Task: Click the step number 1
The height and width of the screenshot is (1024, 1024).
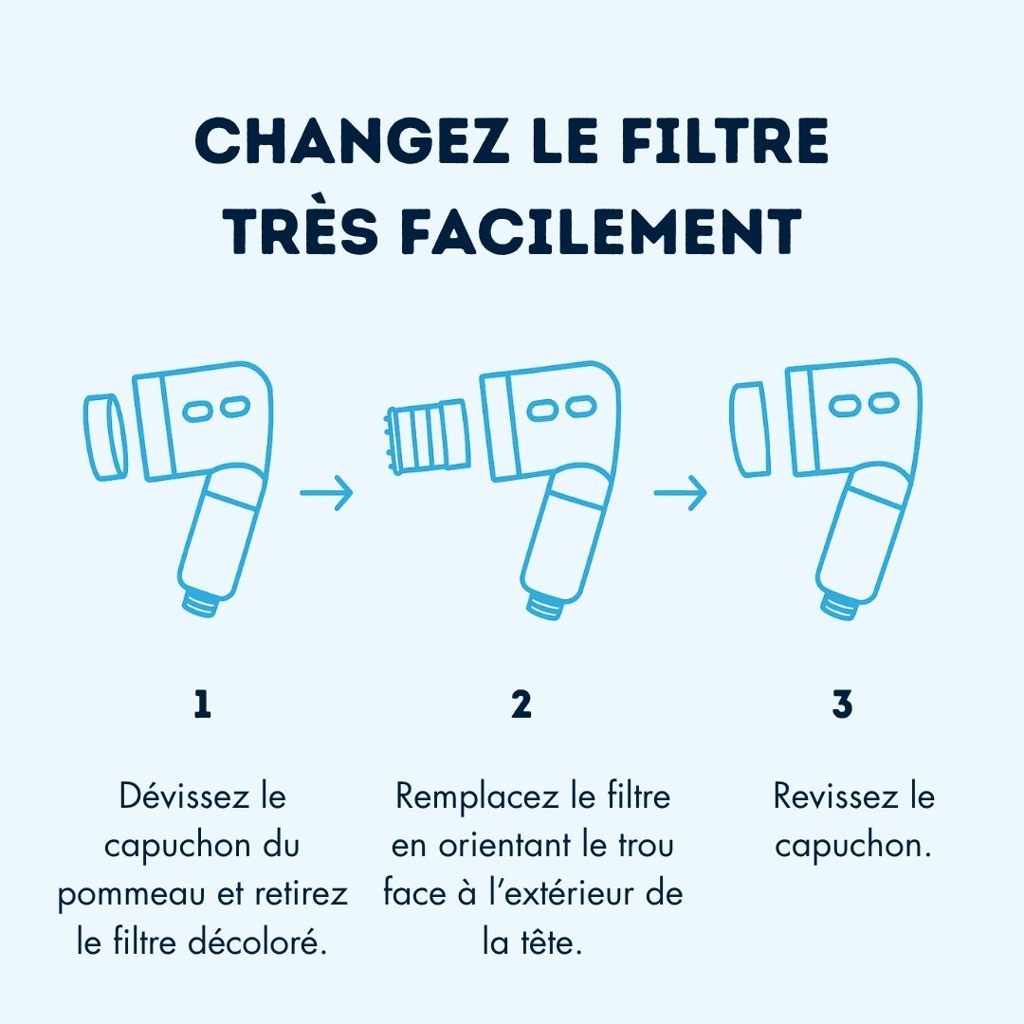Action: [201, 705]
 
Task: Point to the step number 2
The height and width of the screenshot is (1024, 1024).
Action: [521, 705]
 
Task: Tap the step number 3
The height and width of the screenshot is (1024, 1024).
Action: [842, 705]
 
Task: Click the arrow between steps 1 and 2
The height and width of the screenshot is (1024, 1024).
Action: [326, 493]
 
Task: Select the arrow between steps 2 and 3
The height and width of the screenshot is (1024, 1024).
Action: [681, 493]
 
